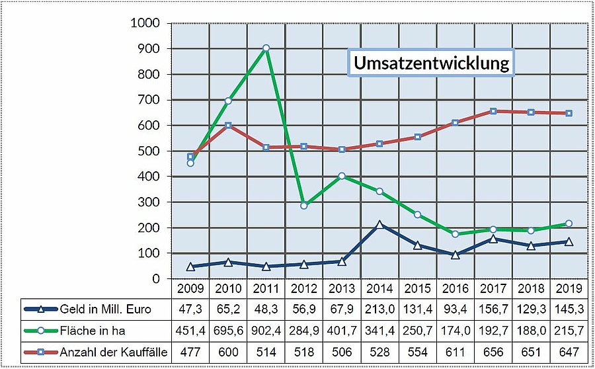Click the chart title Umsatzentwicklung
tap(430, 63)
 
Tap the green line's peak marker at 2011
tap(266, 48)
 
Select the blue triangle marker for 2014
tap(379, 225)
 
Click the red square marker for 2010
tap(228, 125)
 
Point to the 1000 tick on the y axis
tap(146, 23)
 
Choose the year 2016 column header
tap(456, 289)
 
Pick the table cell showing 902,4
tap(266, 331)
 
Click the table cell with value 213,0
tap(379, 309)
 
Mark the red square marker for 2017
tap(493, 111)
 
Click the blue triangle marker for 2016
tap(456, 255)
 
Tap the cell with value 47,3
tap(190, 309)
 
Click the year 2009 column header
tap(190, 289)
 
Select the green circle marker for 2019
tap(569, 224)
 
